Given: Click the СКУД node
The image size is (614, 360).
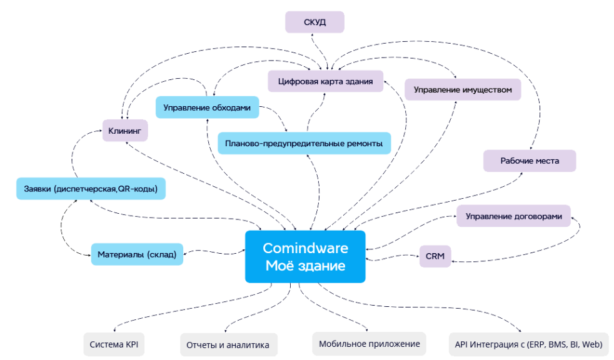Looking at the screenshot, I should click(x=315, y=22).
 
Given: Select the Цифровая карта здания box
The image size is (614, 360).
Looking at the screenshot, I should click(x=325, y=81).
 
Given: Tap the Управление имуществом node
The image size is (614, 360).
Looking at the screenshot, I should click(x=463, y=89).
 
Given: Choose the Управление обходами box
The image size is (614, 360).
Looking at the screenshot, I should click(x=207, y=107).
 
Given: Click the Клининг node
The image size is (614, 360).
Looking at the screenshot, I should click(x=125, y=131).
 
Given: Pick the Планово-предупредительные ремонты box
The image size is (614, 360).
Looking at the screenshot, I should click(x=304, y=143).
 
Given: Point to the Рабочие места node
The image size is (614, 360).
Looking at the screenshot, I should click(x=530, y=161).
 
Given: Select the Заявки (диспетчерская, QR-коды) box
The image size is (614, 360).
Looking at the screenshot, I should click(x=91, y=188).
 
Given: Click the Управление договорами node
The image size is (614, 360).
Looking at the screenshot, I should click(x=513, y=216).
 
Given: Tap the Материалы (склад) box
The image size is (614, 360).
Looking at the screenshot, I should click(x=137, y=254).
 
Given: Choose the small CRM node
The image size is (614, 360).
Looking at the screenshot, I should click(x=435, y=256).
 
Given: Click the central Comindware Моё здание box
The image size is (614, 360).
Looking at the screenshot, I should click(x=305, y=256).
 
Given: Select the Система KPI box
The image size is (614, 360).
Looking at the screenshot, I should click(x=114, y=344).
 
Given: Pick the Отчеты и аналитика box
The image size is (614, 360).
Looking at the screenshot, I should click(x=228, y=344).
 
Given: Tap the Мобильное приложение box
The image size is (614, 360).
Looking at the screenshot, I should click(x=369, y=344).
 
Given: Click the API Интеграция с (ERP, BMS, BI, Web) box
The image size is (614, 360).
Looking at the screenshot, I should click(x=528, y=344).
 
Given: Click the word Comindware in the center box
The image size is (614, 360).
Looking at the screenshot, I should click(x=305, y=248).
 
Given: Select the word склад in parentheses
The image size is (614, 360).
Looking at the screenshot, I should click(x=163, y=254).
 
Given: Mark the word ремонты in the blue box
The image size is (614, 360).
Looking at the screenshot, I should click(x=362, y=143).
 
